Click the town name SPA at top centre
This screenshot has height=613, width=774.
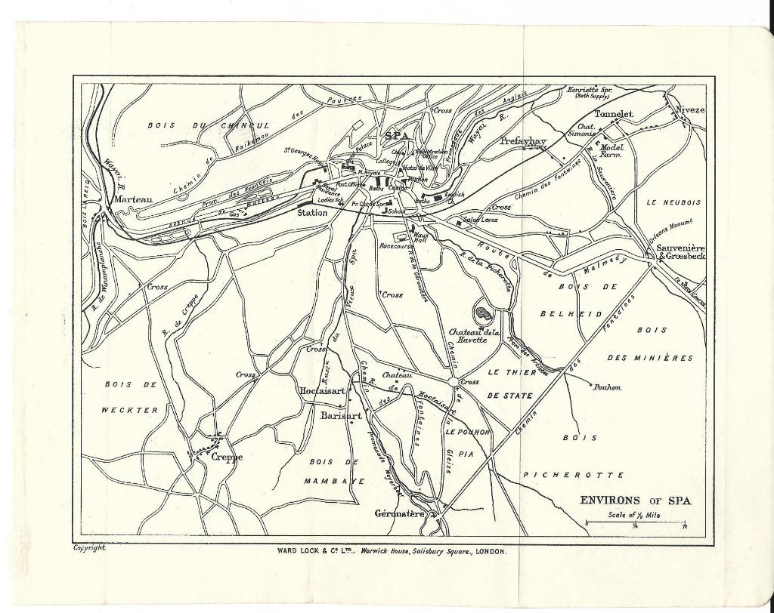click(x=398, y=136)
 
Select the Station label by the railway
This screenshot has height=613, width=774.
click(x=312, y=213)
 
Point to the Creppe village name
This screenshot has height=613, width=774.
click(x=227, y=457)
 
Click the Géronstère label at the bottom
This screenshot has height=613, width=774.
click(x=401, y=513)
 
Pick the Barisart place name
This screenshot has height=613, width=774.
click(x=341, y=415)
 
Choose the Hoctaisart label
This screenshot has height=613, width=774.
click(x=323, y=391)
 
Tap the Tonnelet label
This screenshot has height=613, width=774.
click(x=613, y=114)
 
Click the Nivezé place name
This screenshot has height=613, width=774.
click(x=689, y=109)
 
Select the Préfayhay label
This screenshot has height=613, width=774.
click(x=523, y=141)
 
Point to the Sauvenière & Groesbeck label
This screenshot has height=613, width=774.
click(x=680, y=252)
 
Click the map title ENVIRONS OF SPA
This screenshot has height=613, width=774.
click(x=635, y=500)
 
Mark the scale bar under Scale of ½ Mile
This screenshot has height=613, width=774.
click(x=635, y=522)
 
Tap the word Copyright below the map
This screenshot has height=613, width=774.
click(x=89, y=548)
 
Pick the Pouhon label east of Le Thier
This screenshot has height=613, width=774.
click(x=607, y=387)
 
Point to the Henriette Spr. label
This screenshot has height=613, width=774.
click(x=590, y=90)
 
